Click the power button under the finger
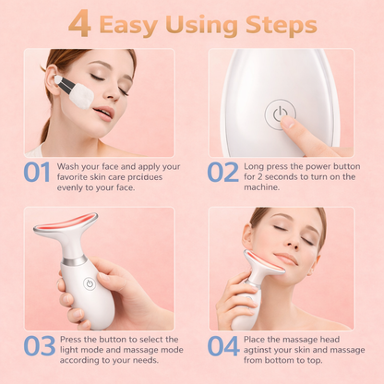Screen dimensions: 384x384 coord(277,114)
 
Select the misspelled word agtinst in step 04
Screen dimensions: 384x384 coord(262,351)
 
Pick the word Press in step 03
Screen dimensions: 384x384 coord(75,340)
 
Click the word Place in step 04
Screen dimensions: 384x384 coord(261,340)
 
